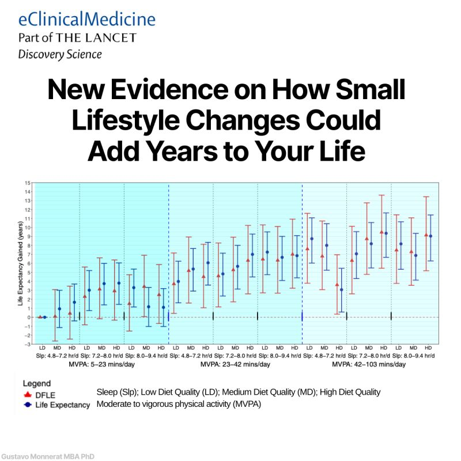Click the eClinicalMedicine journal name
(x=86, y=19)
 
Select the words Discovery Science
(x=60, y=55)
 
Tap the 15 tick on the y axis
(x=27, y=183)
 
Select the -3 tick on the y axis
(x=27, y=344)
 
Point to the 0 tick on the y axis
(x=27, y=317)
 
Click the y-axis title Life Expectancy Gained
(x=19, y=262)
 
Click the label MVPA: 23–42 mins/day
(x=235, y=364)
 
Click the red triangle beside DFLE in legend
(x=26, y=394)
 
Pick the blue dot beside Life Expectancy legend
(x=26, y=405)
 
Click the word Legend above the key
(x=36, y=383)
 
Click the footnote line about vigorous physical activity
(x=179, y=404)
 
